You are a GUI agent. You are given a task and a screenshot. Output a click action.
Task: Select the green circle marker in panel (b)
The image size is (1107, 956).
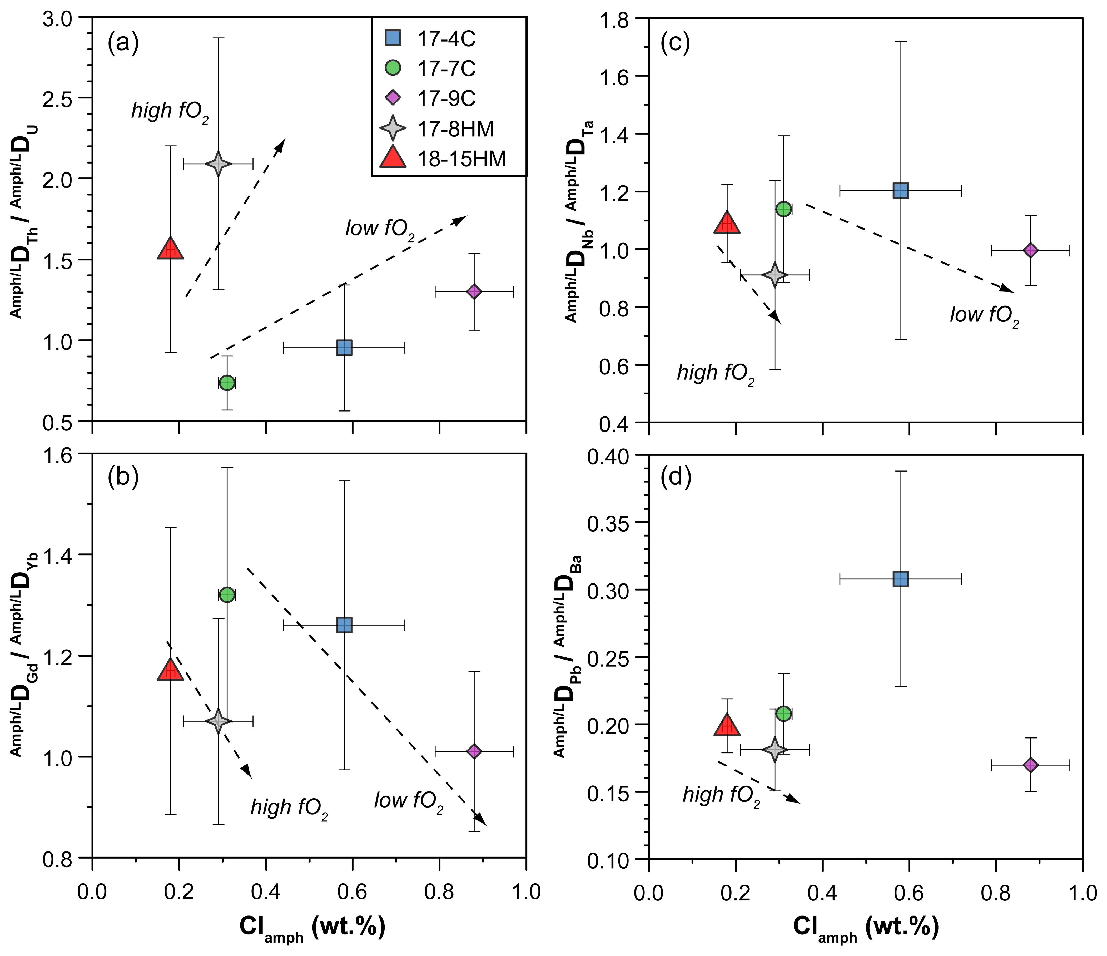[x=227, y=595]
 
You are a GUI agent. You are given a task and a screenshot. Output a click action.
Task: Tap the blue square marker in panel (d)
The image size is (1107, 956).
[x=901, y=579]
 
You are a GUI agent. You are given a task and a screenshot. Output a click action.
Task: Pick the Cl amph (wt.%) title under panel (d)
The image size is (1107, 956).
[x=866, y=928]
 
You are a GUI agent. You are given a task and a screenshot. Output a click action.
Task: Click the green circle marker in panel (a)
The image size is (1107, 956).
[x=227, y=383]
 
